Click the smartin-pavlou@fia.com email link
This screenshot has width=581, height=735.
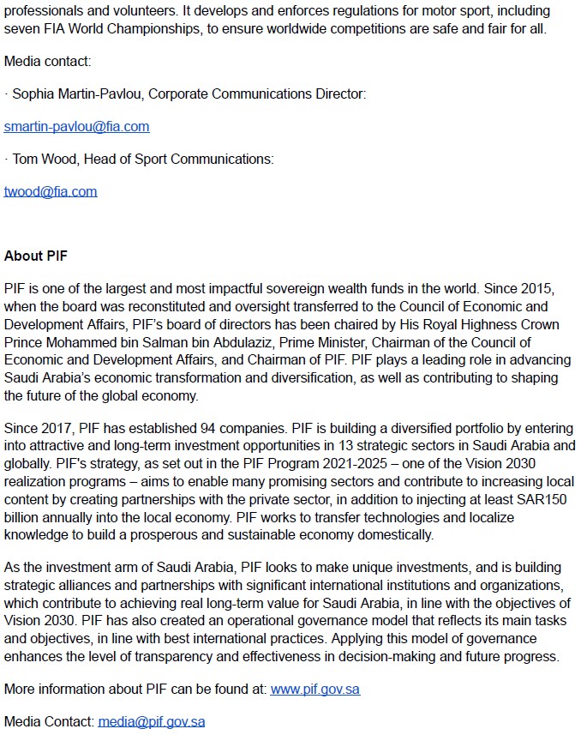point(76,126)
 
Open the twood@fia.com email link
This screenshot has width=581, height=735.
point(51,191)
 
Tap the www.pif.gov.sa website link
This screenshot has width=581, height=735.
point(314,689)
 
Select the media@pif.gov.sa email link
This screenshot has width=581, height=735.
point(151,721)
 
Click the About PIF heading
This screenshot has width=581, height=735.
point(35,256)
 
